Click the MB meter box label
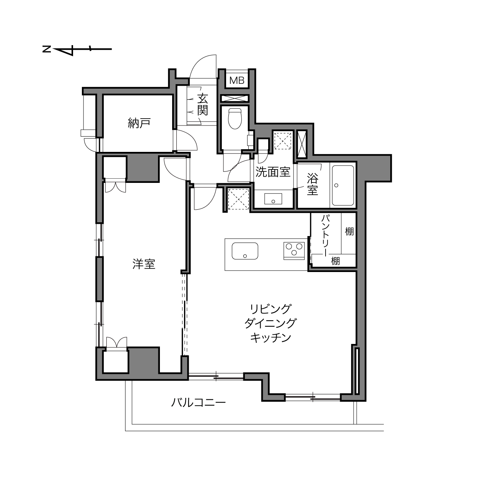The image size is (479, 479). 237,80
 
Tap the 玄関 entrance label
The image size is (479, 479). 203,105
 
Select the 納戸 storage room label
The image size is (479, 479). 139,123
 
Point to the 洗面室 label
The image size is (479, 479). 273,172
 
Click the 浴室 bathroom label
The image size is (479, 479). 313,184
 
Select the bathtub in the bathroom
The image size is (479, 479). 343,186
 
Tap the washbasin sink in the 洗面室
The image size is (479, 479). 273,199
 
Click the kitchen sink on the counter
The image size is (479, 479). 245,251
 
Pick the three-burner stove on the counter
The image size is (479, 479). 294,251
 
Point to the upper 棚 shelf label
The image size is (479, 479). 349,232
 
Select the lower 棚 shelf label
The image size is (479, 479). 335,261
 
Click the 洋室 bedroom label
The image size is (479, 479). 144,264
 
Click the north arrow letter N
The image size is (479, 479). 46,49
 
